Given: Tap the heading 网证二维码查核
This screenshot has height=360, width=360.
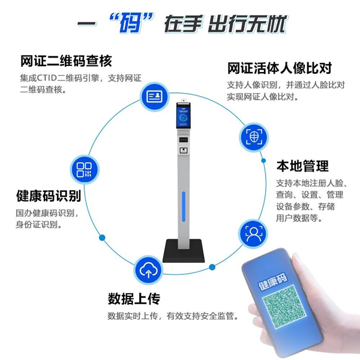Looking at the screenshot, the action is pos(66,61).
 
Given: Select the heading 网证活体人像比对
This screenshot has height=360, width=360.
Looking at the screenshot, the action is pos(280,68).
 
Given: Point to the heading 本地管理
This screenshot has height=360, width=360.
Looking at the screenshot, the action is pos(302,166).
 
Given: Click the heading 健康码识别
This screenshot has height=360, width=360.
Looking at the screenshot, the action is pos(49,196).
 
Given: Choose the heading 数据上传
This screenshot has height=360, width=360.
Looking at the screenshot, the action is pos(134,299).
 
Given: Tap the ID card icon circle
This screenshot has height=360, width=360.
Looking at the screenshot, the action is pos(155,97).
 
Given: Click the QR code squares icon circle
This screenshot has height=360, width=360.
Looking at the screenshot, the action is pos(84,170).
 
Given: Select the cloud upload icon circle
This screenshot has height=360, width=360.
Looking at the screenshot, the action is pos(148,270).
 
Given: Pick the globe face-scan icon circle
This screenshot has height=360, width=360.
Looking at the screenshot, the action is pos(254,137).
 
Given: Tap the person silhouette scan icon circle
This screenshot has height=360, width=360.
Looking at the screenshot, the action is pos(253,233).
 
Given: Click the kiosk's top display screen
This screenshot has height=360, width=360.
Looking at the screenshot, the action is pos(184,115).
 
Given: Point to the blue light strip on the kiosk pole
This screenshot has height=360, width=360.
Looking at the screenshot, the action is pos(184,206).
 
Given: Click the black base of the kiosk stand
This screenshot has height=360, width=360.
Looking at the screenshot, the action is pos(184,251).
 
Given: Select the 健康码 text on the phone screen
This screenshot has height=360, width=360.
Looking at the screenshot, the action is pos(273,282).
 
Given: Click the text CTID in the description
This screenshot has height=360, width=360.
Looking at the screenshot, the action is pos(47,78).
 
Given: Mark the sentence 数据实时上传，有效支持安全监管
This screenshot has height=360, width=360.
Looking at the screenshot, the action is pos(173,316).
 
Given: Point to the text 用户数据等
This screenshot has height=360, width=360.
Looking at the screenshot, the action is pos(299,218).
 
